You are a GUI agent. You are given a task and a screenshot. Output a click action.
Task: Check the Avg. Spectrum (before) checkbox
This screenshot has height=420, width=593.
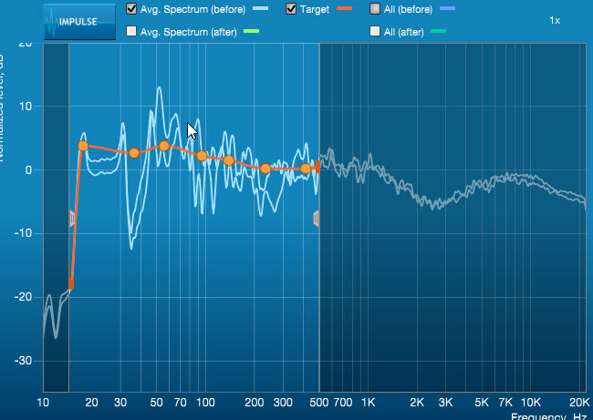(x=132, y=9)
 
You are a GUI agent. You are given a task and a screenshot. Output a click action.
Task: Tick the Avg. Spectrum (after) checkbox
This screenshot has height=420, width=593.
(x=132, y=31)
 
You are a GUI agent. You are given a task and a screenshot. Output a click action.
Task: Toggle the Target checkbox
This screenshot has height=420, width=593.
(x=291, y=9)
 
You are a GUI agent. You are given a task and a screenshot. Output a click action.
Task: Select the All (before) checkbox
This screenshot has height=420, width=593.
(x=376, y=9)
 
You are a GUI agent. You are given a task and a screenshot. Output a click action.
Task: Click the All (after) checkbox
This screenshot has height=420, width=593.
(x=376, y=31)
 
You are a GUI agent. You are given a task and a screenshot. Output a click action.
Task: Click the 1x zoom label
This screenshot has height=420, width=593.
(x=555, y=19)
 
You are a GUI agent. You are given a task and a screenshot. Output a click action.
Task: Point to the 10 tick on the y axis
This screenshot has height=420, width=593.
(x=26, y=106)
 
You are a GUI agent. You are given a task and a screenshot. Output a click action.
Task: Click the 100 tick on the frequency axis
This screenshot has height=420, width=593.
(x=205, y=402)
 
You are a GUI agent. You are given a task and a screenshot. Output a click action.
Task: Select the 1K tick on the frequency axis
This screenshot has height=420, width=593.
(x=369, y=402)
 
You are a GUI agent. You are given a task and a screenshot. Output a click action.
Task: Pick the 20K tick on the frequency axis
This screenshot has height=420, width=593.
(x=579, y=402)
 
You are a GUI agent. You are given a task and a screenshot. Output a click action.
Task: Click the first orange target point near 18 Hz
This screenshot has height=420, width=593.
(x=83, y=146)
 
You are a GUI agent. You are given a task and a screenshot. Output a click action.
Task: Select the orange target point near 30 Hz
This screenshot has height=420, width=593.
(x=134, y=153)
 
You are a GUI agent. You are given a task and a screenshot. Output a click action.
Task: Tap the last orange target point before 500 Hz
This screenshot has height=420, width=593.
(x=306, y=169)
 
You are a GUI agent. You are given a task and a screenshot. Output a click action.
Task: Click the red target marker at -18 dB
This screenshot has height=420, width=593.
(x=71, y=285)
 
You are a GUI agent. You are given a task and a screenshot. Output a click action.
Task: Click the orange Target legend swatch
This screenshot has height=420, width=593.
(x=344, y=9)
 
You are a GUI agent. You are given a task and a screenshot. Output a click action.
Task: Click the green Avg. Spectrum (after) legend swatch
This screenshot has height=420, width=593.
(x=252, y=31)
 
